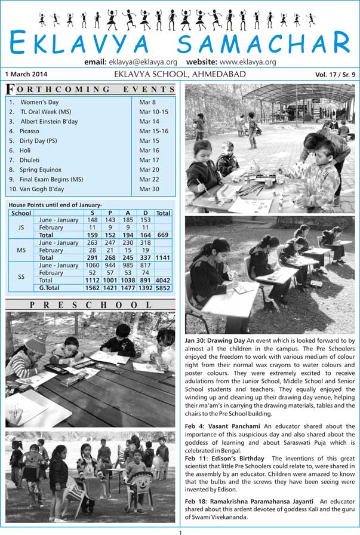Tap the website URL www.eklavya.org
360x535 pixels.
point(247,62)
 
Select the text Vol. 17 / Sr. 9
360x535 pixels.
point(335,75)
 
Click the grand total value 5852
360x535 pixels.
point(163,287)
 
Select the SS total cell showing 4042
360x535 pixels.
point(163,280)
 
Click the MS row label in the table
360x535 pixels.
point(21,250)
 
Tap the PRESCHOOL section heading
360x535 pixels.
point(91,305)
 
